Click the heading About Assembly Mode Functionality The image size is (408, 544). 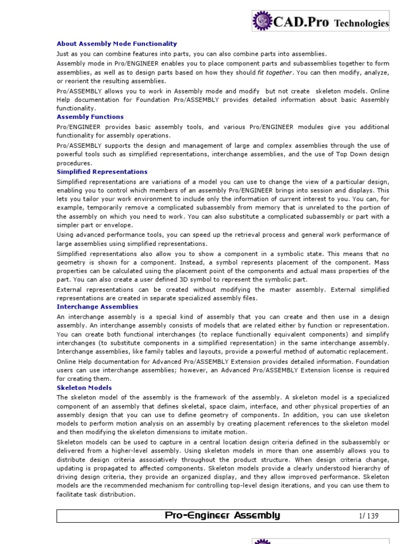(117, 44)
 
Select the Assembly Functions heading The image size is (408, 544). (90, 117)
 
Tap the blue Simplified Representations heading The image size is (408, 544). (102, 172)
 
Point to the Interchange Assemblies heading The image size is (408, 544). (97, 307)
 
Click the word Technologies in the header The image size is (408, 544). (361, 23)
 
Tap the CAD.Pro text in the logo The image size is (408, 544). (302, 22)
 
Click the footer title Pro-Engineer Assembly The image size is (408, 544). (222, 515)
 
